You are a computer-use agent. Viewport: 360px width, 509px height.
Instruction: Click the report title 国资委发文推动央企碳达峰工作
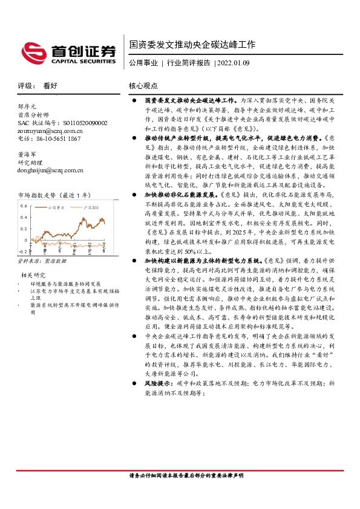(192, 45)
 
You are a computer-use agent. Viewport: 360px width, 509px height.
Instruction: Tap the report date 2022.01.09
(232, 63)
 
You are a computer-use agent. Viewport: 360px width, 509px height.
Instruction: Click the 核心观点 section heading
(143, 86)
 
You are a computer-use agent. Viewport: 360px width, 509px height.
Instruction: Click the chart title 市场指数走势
(42, 195)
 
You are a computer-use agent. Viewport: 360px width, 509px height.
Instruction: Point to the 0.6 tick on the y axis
(24, 206)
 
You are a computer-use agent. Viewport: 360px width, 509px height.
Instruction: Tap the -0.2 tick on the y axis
(22, 251)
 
